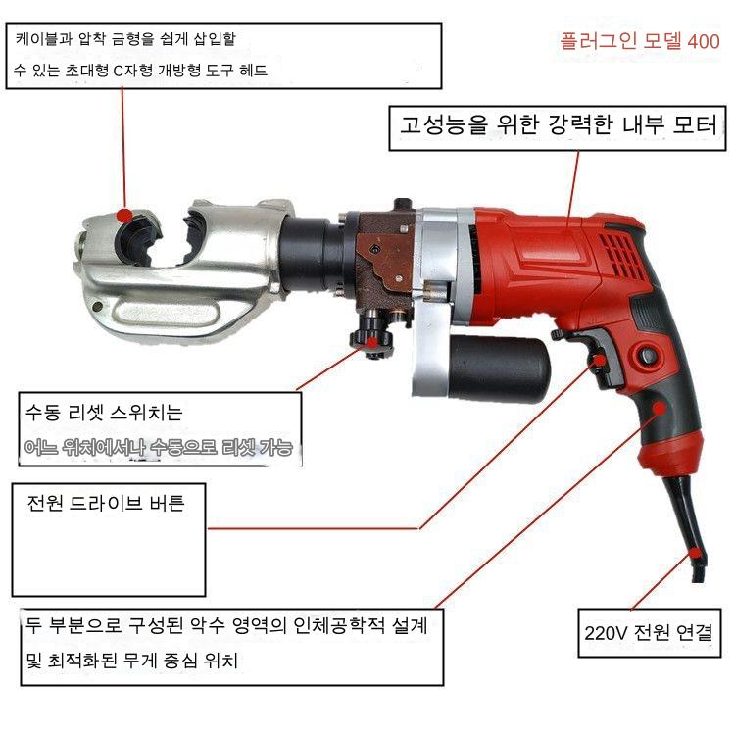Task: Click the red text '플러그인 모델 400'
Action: [x=640, y=41]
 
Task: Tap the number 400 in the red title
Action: [x=704, y=42]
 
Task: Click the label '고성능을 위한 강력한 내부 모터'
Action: [x=558, y=125]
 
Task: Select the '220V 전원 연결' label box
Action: [x=649, y=633]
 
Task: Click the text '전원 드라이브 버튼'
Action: [x=106, y=503]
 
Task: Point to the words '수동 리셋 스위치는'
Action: [x=104, y=412]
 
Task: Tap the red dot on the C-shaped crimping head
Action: [x=124, y=216]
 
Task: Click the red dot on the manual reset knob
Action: [x=371, y=342]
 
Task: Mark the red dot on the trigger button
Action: [x=599, y=360]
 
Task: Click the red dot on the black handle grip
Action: [x=660, y=409]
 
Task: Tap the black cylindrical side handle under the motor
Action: [x=500, y=368]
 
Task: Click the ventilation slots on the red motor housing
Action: [x=620, y=254]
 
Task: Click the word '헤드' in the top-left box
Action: [x=253, y=71]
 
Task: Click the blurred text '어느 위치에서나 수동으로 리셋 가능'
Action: [x=159, y=447]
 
